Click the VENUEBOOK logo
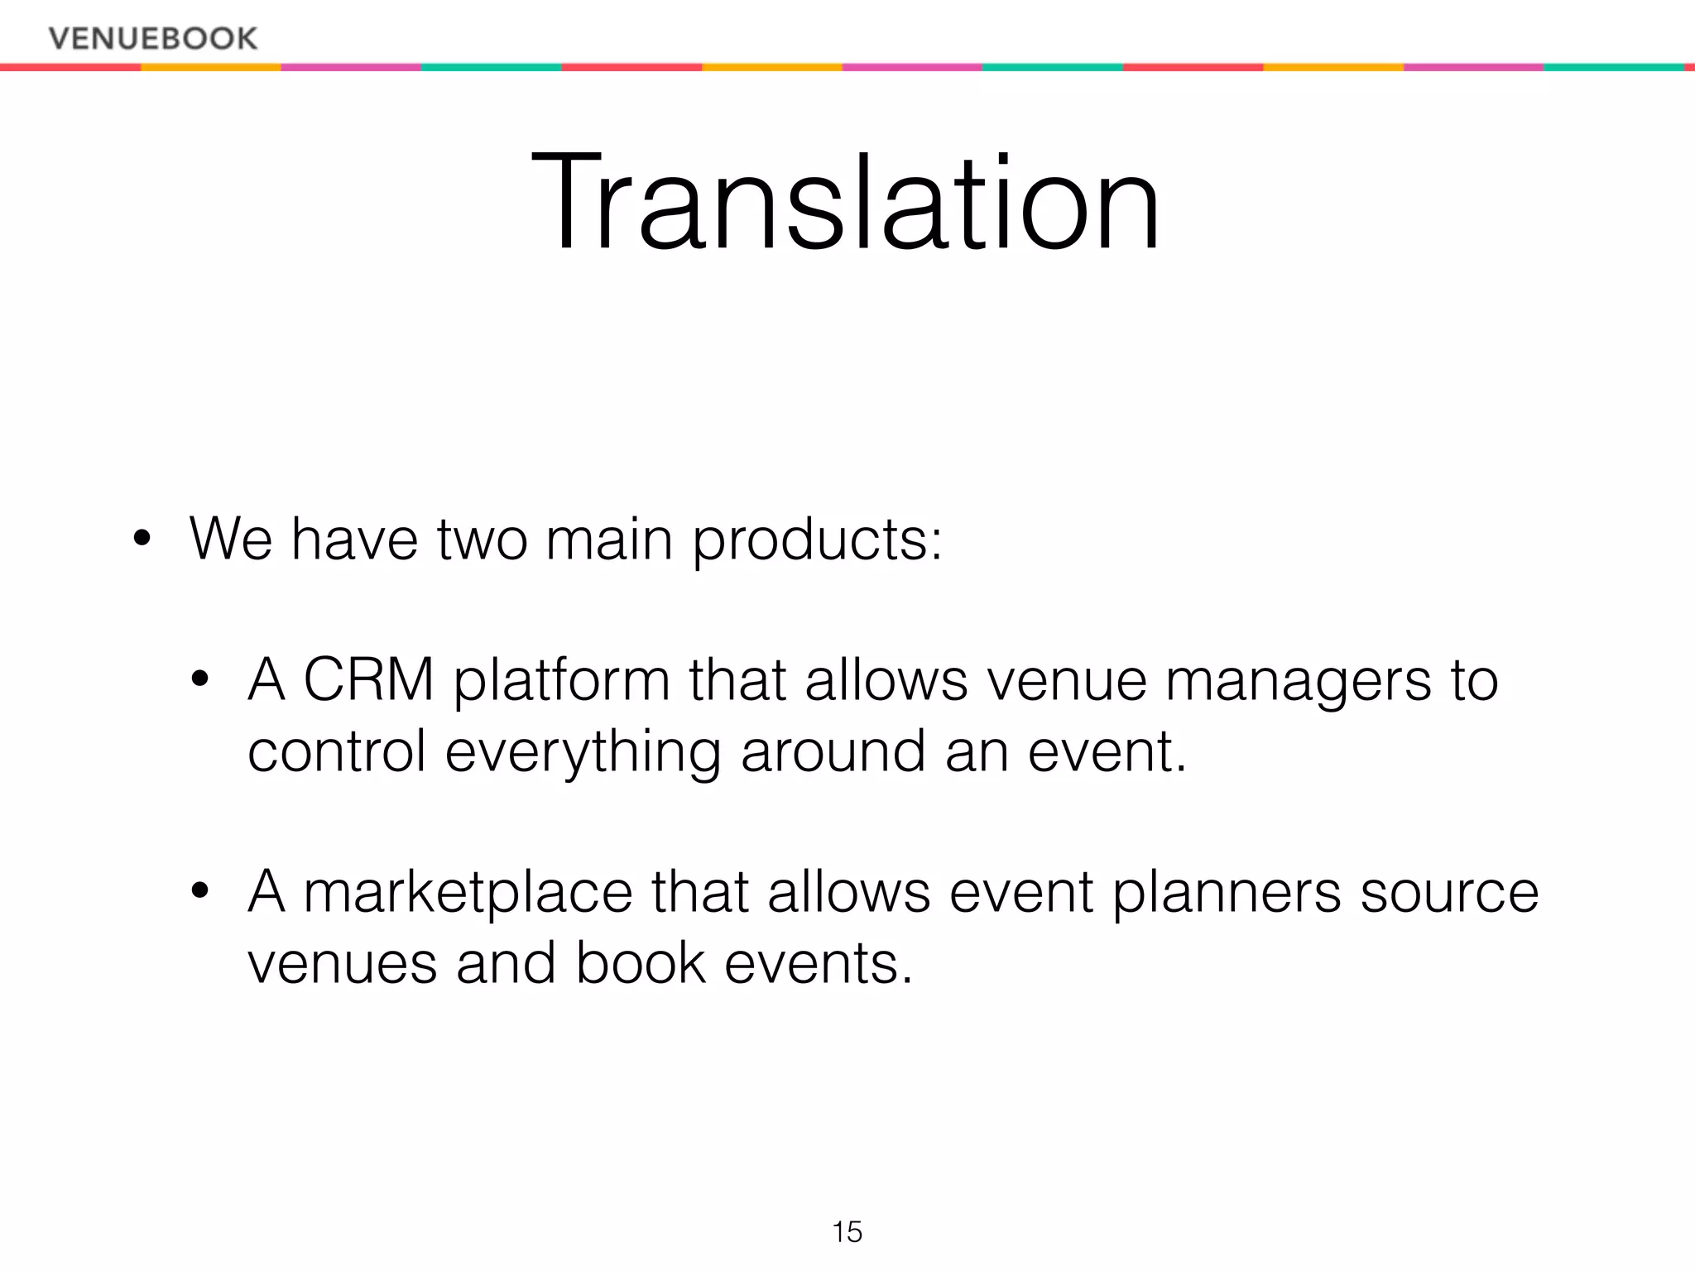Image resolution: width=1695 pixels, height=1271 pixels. tap(153, 38)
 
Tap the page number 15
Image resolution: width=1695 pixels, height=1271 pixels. tap(847, 1232)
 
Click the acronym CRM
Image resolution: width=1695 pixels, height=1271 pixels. tap(369, 680)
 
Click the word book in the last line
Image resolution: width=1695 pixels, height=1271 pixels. tap(641, 963)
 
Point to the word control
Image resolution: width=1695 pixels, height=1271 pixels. tap(337, 751)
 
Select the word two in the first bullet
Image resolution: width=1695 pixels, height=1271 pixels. tap(482, 540)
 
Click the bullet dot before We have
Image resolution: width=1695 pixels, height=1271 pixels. tap(142, 540)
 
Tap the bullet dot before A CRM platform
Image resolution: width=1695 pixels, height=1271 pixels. tap(199, 681)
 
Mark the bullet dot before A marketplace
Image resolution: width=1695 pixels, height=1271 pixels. tap(199, 892)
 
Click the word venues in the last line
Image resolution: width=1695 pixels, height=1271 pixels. tap(342, 965)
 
